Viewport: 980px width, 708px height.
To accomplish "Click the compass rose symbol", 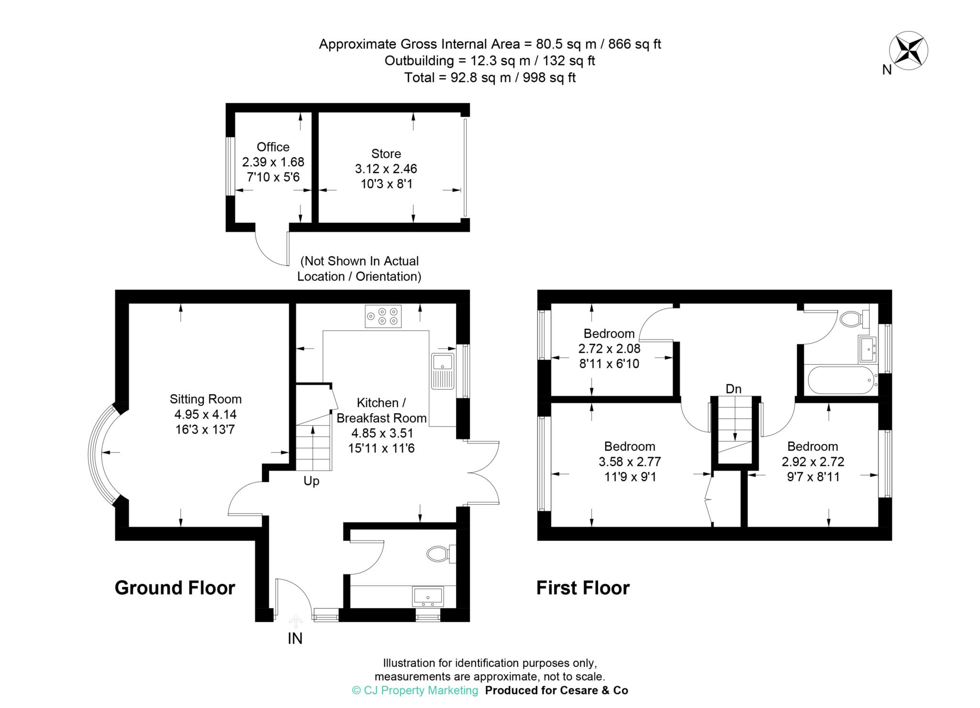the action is tap(908, 50).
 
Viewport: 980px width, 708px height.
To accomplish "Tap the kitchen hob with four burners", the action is tap(383, 316).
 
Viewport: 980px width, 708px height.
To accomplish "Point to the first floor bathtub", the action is tap(843, 380).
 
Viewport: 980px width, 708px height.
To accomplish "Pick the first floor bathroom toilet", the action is tap(855, 318).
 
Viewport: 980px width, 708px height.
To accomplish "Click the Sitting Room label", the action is tap(206, 399).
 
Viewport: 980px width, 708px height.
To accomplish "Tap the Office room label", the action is tap(273, 147).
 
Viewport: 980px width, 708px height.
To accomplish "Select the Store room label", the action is tap(386, 154).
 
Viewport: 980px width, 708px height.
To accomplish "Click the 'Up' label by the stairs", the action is tap(312, 481).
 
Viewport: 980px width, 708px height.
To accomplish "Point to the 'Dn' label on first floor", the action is tap(734, 389).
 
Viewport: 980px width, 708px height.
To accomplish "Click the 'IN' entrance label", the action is tap(295, 639).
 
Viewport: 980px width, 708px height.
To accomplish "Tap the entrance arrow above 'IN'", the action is tap(296, 621).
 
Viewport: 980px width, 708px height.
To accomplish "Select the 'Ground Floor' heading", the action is tap(175, 588).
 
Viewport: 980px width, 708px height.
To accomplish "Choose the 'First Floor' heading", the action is tap(583, 588).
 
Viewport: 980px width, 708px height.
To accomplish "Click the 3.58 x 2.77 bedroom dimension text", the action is tap(630, 462).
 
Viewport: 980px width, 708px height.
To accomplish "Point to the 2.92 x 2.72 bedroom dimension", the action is tap(813, 462).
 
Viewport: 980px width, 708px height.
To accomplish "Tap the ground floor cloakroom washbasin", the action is tap(428, 596).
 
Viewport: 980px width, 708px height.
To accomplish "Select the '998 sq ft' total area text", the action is tap(549, 78).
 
